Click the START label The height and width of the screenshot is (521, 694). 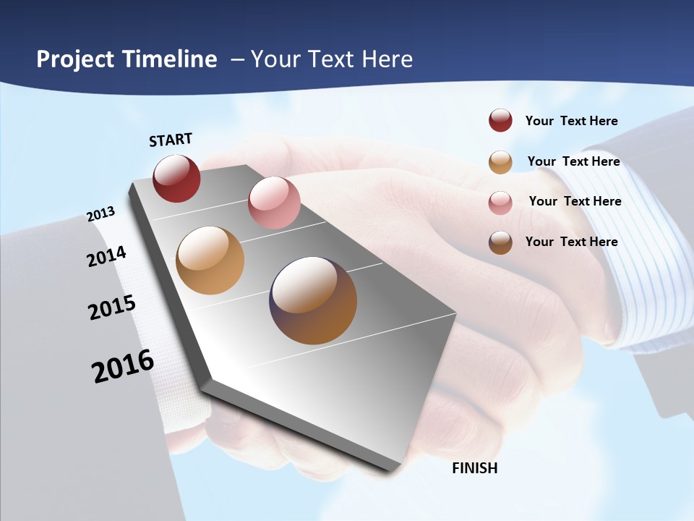(171, 140)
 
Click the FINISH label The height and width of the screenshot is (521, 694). (474, 468)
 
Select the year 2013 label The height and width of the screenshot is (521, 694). (101, 214)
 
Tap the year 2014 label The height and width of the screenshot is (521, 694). (107, 256)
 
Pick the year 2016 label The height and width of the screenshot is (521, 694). (123, 366)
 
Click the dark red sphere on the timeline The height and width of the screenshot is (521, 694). (176, 178)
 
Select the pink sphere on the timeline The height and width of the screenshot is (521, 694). (274, 203)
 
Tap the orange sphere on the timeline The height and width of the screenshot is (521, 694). (210, 260)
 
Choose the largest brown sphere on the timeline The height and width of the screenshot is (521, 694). (313, 300)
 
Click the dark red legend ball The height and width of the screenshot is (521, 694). (500, 121)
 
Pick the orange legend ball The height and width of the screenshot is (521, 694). (500, 162)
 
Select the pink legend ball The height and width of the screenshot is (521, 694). (500, 203)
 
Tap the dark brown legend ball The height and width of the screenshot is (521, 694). (500, 242)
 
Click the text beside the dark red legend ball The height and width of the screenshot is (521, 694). (571, 121)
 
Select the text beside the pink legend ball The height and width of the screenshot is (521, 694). (575, 201)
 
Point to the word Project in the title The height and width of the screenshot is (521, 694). (75, 59)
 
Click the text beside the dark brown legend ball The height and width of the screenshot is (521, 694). (571, 242)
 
